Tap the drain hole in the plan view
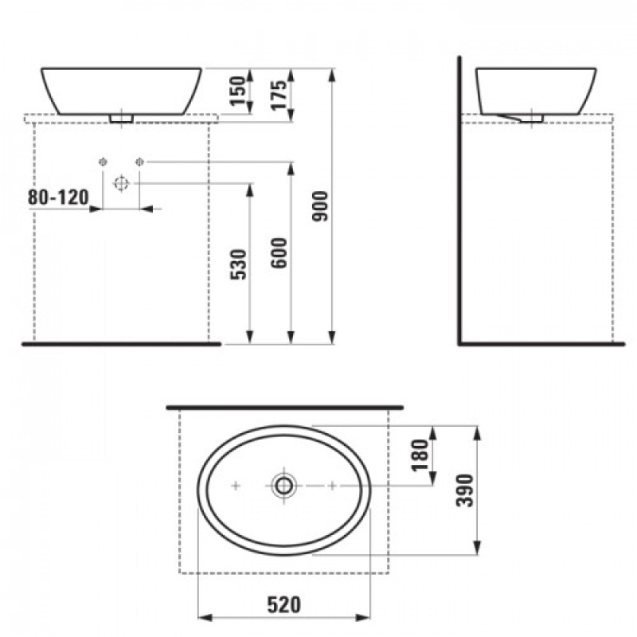point(283,484)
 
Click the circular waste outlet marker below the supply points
point(121,183)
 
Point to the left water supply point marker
point(102,162)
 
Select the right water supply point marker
point(139,162)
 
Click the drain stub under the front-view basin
point(121,118)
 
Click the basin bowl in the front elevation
point(121,89)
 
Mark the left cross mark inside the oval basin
point(235,485)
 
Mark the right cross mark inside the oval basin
point(332,485)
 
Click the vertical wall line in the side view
point(461,199)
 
